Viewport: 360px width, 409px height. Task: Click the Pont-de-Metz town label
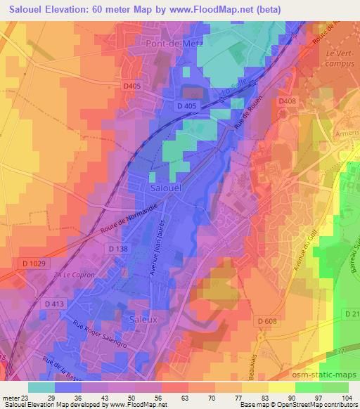(173, 44)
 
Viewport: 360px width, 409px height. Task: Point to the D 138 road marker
(119, 248)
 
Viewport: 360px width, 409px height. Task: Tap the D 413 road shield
(54, 304)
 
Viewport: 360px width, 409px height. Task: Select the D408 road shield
(286, 101)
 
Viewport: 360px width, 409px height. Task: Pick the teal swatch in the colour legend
(41, 387)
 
